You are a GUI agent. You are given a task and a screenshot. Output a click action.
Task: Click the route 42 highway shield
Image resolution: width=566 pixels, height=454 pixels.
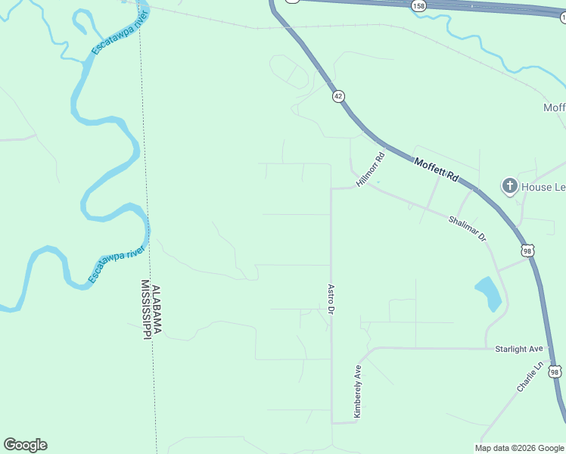338,95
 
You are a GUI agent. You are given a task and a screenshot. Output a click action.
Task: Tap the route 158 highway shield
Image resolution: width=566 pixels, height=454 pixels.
419,5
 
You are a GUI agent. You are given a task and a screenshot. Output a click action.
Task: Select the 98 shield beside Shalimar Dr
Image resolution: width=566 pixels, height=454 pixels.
528,250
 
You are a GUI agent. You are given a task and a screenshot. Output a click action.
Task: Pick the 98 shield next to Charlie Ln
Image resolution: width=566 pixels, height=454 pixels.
555,372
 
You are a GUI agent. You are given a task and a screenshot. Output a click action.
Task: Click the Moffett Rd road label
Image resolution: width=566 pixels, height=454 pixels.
437,169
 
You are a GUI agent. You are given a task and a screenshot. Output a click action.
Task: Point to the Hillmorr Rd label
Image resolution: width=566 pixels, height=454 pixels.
372,169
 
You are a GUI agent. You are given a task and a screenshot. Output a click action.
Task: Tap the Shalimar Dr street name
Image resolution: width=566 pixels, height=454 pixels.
467,228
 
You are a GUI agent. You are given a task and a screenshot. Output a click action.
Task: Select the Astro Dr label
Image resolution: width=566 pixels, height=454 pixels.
331,300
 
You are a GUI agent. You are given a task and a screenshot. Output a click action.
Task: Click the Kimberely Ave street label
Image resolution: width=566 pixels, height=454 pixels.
357,391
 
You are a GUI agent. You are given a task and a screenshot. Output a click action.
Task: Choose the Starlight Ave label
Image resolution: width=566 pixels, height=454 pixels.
519,349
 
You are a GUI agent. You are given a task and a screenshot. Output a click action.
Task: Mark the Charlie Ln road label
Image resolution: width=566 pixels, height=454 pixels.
530,376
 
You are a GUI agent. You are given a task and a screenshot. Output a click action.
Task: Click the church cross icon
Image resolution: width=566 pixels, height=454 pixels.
509,185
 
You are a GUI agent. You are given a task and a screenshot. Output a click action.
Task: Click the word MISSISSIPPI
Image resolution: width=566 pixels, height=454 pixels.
145,310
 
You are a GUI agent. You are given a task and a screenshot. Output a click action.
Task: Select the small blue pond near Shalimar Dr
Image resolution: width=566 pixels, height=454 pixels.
489,294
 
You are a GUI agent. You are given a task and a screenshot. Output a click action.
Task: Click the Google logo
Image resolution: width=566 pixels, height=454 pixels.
25,445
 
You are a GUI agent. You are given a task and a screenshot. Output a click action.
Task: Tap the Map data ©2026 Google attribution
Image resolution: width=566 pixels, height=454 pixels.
520,448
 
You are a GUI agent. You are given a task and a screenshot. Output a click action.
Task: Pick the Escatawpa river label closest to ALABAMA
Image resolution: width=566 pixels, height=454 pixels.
116,265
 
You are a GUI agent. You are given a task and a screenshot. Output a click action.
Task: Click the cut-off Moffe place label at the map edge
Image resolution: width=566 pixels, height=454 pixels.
555,107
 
